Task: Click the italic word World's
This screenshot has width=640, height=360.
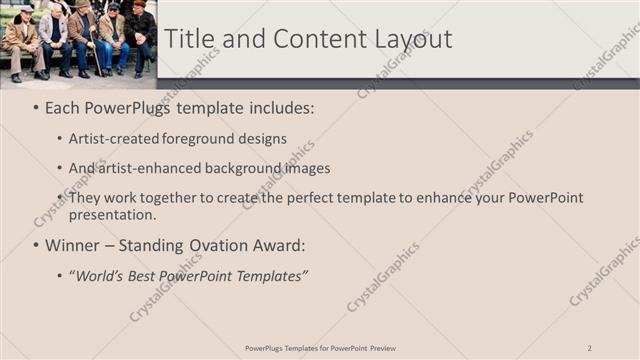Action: (x=105, y=276)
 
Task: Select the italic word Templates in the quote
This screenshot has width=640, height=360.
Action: (x=270, y=276)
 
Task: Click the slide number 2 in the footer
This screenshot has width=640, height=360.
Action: (x=590, y=347)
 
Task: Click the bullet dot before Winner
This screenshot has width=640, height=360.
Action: (x=36, y=245)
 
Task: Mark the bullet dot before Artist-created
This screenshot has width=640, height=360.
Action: (x=60, y=138)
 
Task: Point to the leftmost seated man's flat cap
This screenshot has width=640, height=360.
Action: (x=26, y=9)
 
